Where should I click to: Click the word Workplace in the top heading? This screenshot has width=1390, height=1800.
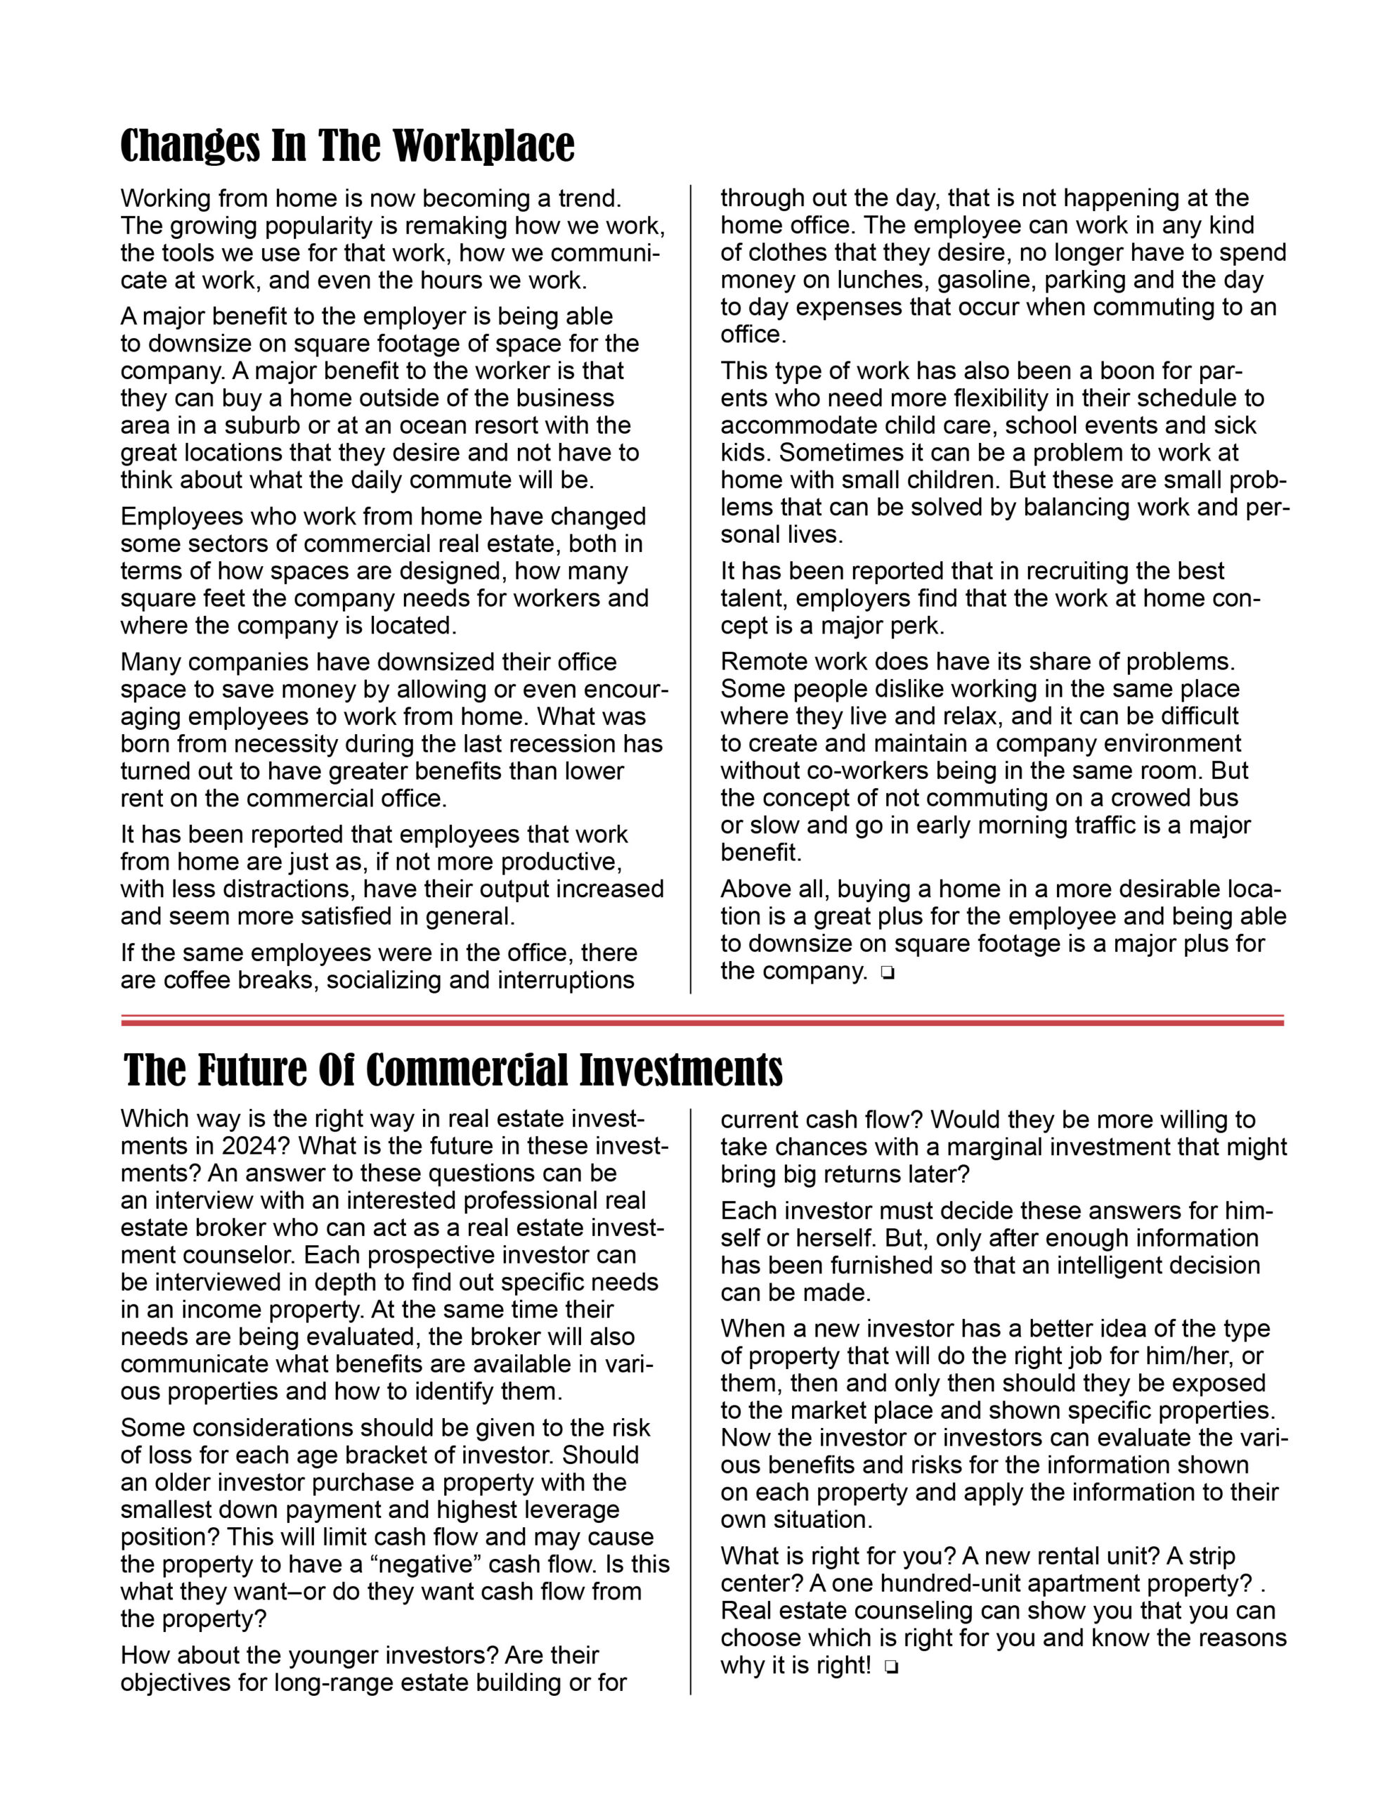point(483,147)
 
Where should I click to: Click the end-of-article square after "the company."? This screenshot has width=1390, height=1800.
point(888,973)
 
